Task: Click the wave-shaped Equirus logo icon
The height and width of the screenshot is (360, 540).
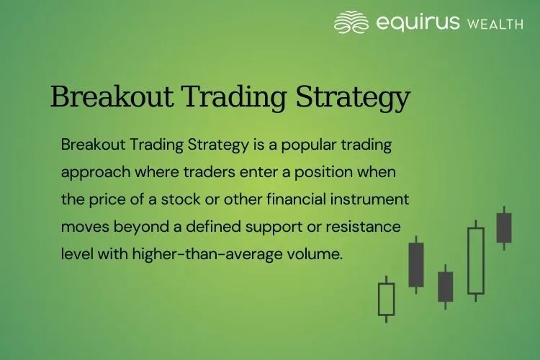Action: tap(352, 22)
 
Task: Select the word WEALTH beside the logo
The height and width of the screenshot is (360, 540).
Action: tap(495, 24)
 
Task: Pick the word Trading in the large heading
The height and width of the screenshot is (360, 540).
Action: tap(235, 97)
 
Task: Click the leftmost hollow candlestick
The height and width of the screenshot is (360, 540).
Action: tap(387, 299)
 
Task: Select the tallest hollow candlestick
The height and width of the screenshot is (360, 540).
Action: tap(475, 261)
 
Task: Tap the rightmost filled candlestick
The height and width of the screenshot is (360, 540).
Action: tap(504, 228)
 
